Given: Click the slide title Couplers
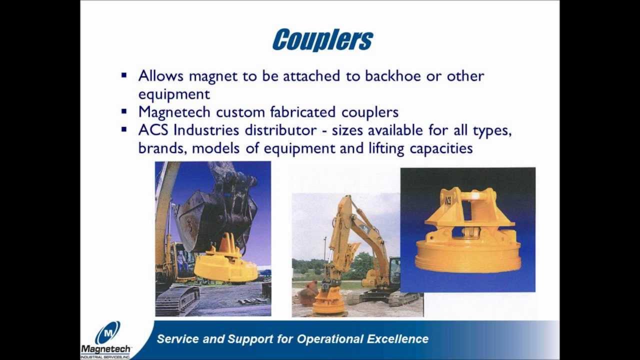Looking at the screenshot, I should point(322,40).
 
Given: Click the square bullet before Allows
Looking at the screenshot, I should point(124,75).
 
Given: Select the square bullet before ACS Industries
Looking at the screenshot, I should point(124,129).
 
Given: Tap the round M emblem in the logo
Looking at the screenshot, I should point(107,332).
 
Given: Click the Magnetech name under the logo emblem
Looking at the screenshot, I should point(105,348).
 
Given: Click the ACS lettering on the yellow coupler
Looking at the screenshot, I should point(448,201).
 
